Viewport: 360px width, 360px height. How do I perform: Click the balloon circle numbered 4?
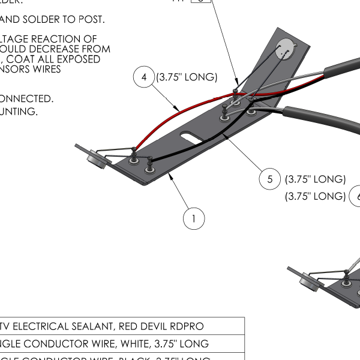(x=144, y=78)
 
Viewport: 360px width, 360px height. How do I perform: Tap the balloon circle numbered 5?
(x=270, y=179)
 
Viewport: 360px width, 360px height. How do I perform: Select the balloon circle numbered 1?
(x=193, y=219)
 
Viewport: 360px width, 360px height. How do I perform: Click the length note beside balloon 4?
(x=187, y=77)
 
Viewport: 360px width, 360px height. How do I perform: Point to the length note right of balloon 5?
(x=316, y=179)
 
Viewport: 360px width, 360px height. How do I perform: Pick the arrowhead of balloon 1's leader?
(x=171, y=174)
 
